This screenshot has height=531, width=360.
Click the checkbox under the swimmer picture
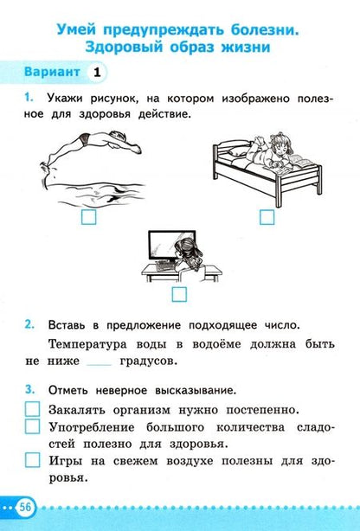pos(87,219)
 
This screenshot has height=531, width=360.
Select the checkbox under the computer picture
pos(178,294)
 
